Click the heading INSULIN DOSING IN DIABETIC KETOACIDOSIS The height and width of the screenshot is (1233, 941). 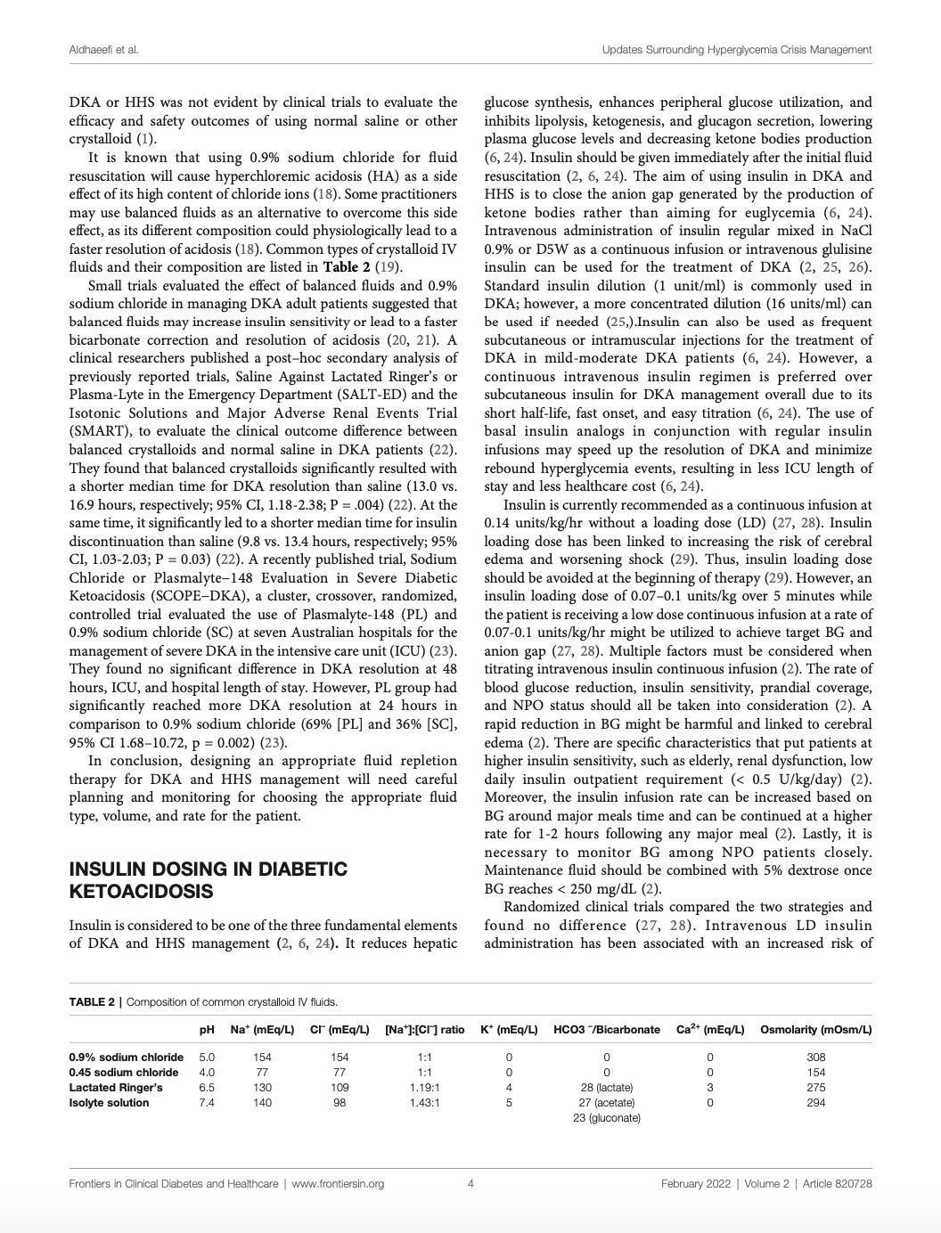[x=208, y=879]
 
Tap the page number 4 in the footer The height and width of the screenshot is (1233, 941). [x=470, y=1183]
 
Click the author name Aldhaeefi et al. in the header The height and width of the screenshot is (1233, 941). [x=103, y=49]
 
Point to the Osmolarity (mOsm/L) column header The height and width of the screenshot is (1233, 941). [x=815, y=1029]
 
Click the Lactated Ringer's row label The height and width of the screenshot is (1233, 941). [x=116, y=1087]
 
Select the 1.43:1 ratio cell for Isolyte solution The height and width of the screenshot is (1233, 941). [x=424, y=1102]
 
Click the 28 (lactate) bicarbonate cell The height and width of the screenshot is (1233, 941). [x=606, y=1087]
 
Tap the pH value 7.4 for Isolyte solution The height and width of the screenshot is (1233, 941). [x=207, y=1102]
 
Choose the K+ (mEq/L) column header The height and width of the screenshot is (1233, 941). [x=509, y=1029]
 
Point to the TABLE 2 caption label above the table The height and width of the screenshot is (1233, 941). [x=92, y=1001]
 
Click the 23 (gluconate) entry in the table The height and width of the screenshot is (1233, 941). [x=606, y=1117]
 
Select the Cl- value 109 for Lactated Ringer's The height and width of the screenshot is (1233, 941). [x=340, y=1087]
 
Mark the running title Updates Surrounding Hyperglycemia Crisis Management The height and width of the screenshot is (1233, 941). [x=736, y=49]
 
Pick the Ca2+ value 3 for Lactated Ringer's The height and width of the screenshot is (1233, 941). [x=709, y=1087]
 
